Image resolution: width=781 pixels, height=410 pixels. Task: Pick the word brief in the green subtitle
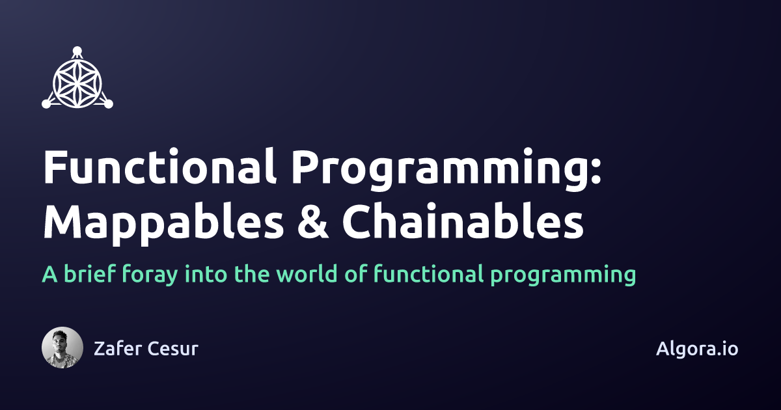[90, 274]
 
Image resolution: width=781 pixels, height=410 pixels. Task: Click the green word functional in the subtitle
[428, 274]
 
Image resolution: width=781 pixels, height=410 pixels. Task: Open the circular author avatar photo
[62, 348]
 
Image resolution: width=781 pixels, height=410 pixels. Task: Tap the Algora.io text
[697, 348]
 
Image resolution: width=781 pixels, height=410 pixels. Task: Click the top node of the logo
[77, 49]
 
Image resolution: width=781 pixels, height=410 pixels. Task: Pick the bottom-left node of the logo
[46, 103]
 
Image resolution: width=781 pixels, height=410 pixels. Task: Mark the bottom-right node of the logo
[109, 103]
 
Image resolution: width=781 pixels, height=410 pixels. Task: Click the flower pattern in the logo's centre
[77, 81]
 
